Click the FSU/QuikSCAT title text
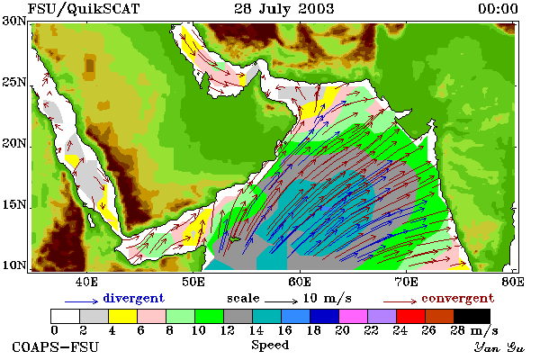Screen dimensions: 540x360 [x=84, y=9]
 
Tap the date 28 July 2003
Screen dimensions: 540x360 [x=284, y=9]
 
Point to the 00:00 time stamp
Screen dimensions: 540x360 [x=498, y=9]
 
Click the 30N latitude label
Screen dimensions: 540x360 [x=13, y=21]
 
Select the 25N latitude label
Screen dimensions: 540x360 [x=13, y=83]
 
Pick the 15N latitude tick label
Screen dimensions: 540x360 [x=13, y=205]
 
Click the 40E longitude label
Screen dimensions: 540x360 [x=86, y=282]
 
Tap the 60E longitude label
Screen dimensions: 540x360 [x=300, y=282]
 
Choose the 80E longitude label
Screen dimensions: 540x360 [x=513, y=282]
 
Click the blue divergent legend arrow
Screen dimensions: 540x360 [x=82, y=301]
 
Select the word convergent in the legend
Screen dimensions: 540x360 [x=458, y=298]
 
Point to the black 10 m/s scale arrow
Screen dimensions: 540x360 [x=281, y=301]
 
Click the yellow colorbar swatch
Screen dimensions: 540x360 [x=122, y=316]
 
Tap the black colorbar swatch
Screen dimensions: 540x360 [x=472, y=316]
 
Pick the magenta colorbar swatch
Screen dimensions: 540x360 [x=354, y=316]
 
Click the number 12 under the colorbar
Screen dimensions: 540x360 [x=228, y=330]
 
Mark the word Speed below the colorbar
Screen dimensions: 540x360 [x=270, y=346]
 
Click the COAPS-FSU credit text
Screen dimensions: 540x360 [x=56, y=346]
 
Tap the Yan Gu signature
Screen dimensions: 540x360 [x=499, y=347]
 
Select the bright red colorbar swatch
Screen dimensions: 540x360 [x=411, y=316]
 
